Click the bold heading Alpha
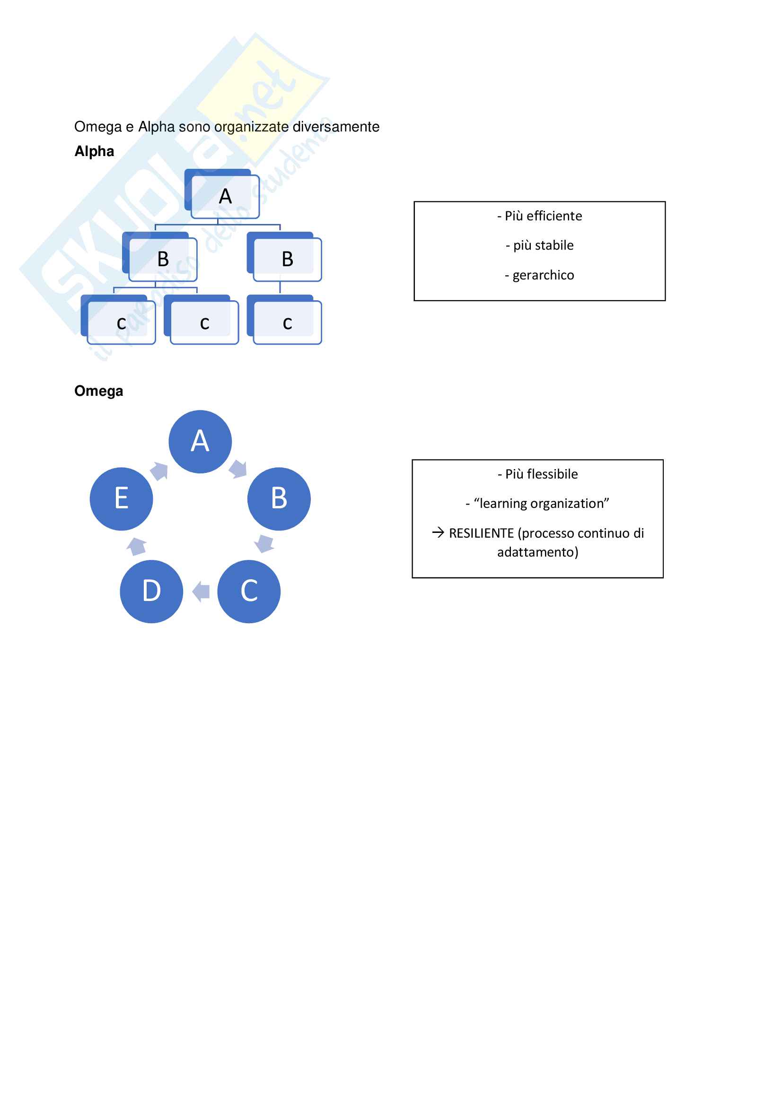(94, 151)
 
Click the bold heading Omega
(98, 391)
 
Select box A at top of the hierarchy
(225, 196)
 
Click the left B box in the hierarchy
(163, 259)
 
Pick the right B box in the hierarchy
(287, 259)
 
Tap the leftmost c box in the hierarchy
(121, 322)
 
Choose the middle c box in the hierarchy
(204, 322)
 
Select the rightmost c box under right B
(287, 322)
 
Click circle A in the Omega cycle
(200, 441)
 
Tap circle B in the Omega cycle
(279, 498)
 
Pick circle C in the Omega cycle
(249, 591)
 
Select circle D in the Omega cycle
(151, 591)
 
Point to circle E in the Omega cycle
(122, 498)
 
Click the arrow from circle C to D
(201, 591)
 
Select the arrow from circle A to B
(238, 468)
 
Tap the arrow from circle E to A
(159, 470)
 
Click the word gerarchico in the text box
(543, 275)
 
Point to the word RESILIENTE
(481, 533)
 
